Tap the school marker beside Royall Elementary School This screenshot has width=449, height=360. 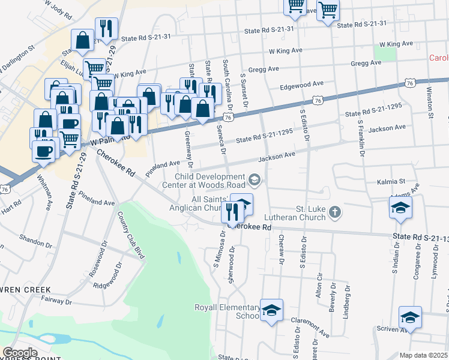(x=271, y=310)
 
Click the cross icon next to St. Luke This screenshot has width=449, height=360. (x=335, y=212)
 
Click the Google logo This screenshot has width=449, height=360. (x=20, y=353)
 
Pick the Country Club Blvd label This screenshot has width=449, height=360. (x=131, y=235)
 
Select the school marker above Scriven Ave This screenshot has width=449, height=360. (x=410, y=317)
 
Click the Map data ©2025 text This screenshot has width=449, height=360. (x=424, y=355)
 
